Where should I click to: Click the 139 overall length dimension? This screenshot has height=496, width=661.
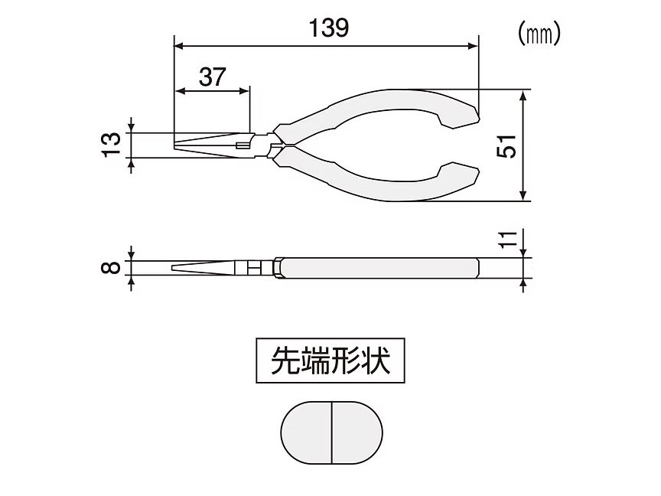(329, 28)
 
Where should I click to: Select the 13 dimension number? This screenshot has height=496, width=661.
(112, 142)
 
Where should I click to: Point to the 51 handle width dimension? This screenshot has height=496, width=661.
(506, 146)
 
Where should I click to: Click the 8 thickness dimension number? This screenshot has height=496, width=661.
(112, 267)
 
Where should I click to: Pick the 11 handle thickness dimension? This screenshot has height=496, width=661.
(506, 238)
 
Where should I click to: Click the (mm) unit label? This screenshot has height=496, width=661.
(540, 33)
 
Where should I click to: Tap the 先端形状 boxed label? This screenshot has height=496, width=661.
(330, 360)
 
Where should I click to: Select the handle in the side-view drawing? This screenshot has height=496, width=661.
(379, 269)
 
